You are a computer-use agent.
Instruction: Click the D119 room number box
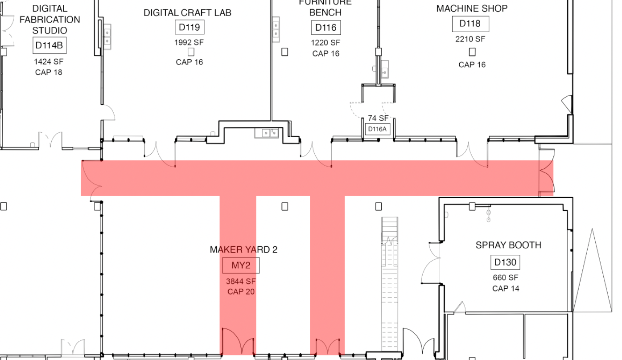pos(189,27)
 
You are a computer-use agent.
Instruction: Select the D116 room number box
pos(325,28)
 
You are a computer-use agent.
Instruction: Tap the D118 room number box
pos(470,24)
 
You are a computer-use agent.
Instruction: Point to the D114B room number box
pos(49,45)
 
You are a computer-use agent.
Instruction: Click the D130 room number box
pos(505,262)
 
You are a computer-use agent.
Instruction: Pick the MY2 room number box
pos(241,266)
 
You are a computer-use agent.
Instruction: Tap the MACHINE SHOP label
pos(472,8)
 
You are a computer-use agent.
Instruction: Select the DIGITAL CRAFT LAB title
pos(187,13)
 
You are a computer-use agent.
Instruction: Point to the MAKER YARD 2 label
pos(243,250)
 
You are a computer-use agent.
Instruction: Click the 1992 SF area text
pos(189,43)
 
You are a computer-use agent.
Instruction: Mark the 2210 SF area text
pos(470,39)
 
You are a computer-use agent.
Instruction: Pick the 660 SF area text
pos(506,278)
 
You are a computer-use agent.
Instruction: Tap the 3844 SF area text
pos(241,281)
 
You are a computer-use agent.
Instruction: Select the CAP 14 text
pos(506,288)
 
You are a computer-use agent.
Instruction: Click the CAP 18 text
pos(49,72)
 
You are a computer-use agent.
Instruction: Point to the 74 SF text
pos(378,118)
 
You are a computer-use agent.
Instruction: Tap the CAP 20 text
pos(241,292)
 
